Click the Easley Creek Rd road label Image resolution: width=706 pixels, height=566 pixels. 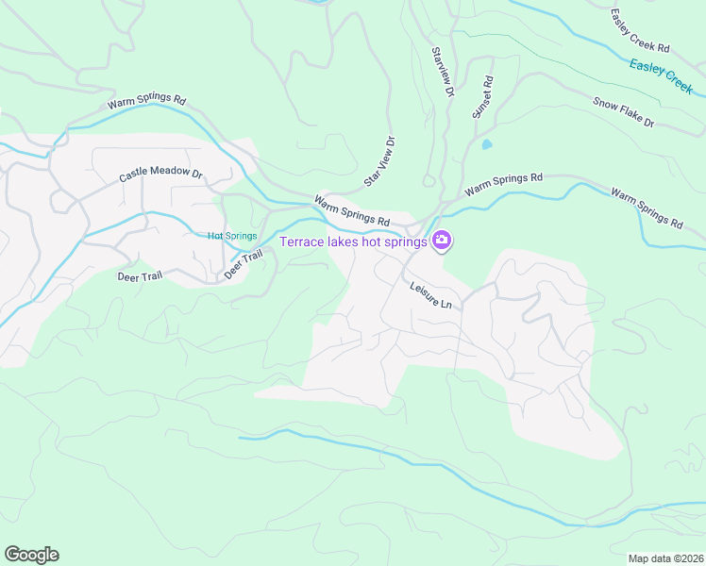point(639,31)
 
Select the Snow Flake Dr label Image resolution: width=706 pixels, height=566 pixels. point(623,113)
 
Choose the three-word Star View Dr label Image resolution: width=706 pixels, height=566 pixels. point(379,161)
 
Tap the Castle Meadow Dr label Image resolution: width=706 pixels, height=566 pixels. point(161,175)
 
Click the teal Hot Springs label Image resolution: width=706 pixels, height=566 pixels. point(232,236)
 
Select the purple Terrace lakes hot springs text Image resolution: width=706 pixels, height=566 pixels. point(353,242)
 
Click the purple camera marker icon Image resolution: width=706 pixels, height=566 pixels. point(441,242)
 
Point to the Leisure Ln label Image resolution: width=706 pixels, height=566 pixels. point(430,294)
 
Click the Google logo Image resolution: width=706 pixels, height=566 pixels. point(31,554)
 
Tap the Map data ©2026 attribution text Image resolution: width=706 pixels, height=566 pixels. point(664,558)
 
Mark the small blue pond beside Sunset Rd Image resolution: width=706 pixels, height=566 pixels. point(486,144)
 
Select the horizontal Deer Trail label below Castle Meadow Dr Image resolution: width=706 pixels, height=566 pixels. point(140,277)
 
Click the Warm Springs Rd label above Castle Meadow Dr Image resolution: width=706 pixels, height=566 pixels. point(146,100)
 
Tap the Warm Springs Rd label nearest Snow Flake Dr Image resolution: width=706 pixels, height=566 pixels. point(646,208)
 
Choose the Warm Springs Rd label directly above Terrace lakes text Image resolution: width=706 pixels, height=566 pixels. point(352,209)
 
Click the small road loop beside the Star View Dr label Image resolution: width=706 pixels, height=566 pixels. point(429,179)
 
